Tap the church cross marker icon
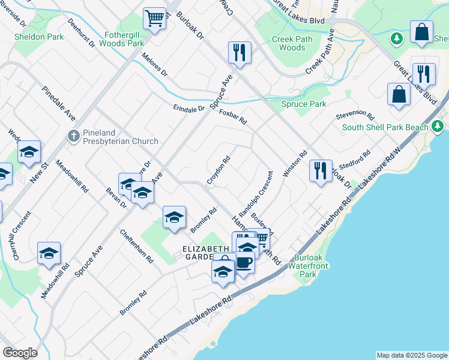[74, 136]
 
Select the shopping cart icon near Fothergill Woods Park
[155, 19]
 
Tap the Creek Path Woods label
[292, 43]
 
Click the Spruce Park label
[304, 104]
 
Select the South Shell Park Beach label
[385, 127]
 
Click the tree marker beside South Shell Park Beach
[438, 125]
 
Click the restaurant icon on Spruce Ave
[240, 52]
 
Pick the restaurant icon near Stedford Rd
[321, 170]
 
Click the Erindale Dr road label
[189, 109]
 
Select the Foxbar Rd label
[233, 116]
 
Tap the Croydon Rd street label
[218, 171]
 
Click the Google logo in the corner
[20, 353]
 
